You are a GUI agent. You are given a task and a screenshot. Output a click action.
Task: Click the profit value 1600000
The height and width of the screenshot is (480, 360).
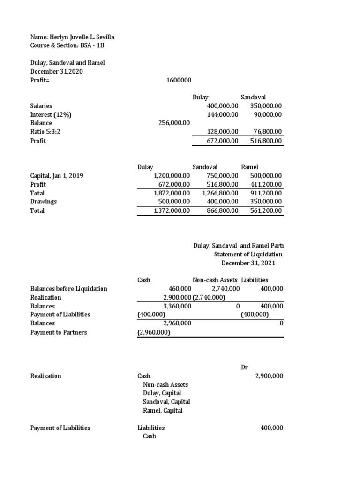pos(179,80)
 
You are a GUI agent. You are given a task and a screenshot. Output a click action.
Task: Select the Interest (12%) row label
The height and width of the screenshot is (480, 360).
pos(51,114)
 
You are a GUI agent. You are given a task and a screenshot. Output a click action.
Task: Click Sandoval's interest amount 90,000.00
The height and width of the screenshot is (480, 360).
pos(266,114)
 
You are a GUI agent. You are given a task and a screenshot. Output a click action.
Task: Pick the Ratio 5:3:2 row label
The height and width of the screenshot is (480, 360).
pos(45,132)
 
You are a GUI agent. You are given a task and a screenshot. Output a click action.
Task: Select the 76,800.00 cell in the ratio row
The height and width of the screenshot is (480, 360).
pos(266,132)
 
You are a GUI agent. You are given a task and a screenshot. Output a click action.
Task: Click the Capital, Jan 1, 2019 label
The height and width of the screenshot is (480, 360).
pos(57,176)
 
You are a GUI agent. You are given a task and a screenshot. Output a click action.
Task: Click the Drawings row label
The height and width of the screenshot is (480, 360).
pos(44,202)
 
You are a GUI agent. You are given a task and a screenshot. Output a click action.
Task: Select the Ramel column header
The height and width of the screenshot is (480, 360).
pos(249,167)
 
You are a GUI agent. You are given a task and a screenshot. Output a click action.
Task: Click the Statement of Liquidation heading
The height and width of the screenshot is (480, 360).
pos(248,254)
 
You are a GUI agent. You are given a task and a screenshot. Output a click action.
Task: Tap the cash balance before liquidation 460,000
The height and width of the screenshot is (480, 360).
pos(180,289)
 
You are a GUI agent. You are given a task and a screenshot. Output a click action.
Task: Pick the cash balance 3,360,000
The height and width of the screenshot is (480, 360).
pos(177,306)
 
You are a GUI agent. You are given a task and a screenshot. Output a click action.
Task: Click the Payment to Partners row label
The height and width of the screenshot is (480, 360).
pos(59,332)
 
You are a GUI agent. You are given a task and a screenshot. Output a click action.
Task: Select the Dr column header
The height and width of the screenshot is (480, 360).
pos(244,367)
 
